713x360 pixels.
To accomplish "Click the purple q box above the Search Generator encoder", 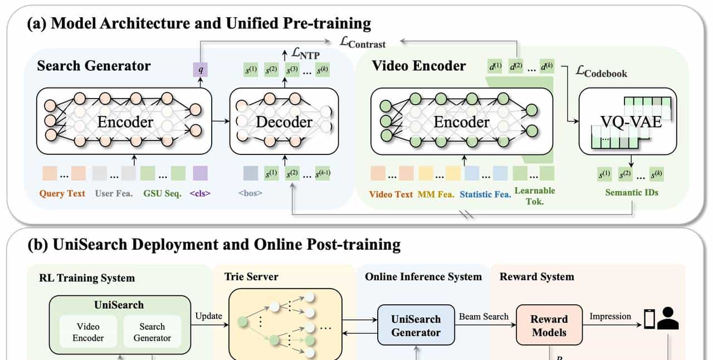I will tap(199, 70).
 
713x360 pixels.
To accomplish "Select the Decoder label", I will tap(284, 121).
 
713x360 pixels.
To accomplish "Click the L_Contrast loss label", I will tap(363, 42).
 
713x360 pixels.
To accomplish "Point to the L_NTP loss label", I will tap(304, 54).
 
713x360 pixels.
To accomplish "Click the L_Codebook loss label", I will tap(602, 72).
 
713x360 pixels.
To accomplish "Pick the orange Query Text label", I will tap(62, 193).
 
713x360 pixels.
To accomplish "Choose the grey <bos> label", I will tap(250, 193).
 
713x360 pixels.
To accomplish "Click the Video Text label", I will tap(391, 194).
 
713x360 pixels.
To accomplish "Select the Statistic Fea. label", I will tap(485, 194).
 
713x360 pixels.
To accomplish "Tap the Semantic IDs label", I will tap(632, 192).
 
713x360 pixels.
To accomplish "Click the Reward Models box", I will tap(549, 325).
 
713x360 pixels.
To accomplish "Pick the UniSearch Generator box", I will tap(416, 325).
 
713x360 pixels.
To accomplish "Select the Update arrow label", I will tap(208, 316).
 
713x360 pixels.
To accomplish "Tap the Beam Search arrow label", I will tap(484, 316).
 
